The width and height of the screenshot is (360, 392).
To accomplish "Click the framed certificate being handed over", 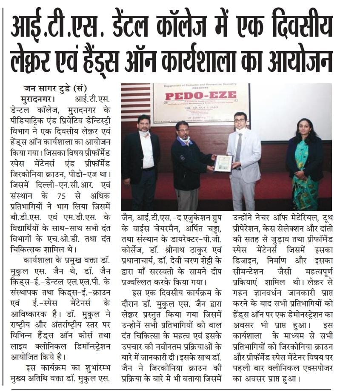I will (x=224, y=163).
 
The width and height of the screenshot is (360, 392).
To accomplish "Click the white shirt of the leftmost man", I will (x=147, y=149).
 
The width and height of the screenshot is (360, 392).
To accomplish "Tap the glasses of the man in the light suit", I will (x=241, y=121).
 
